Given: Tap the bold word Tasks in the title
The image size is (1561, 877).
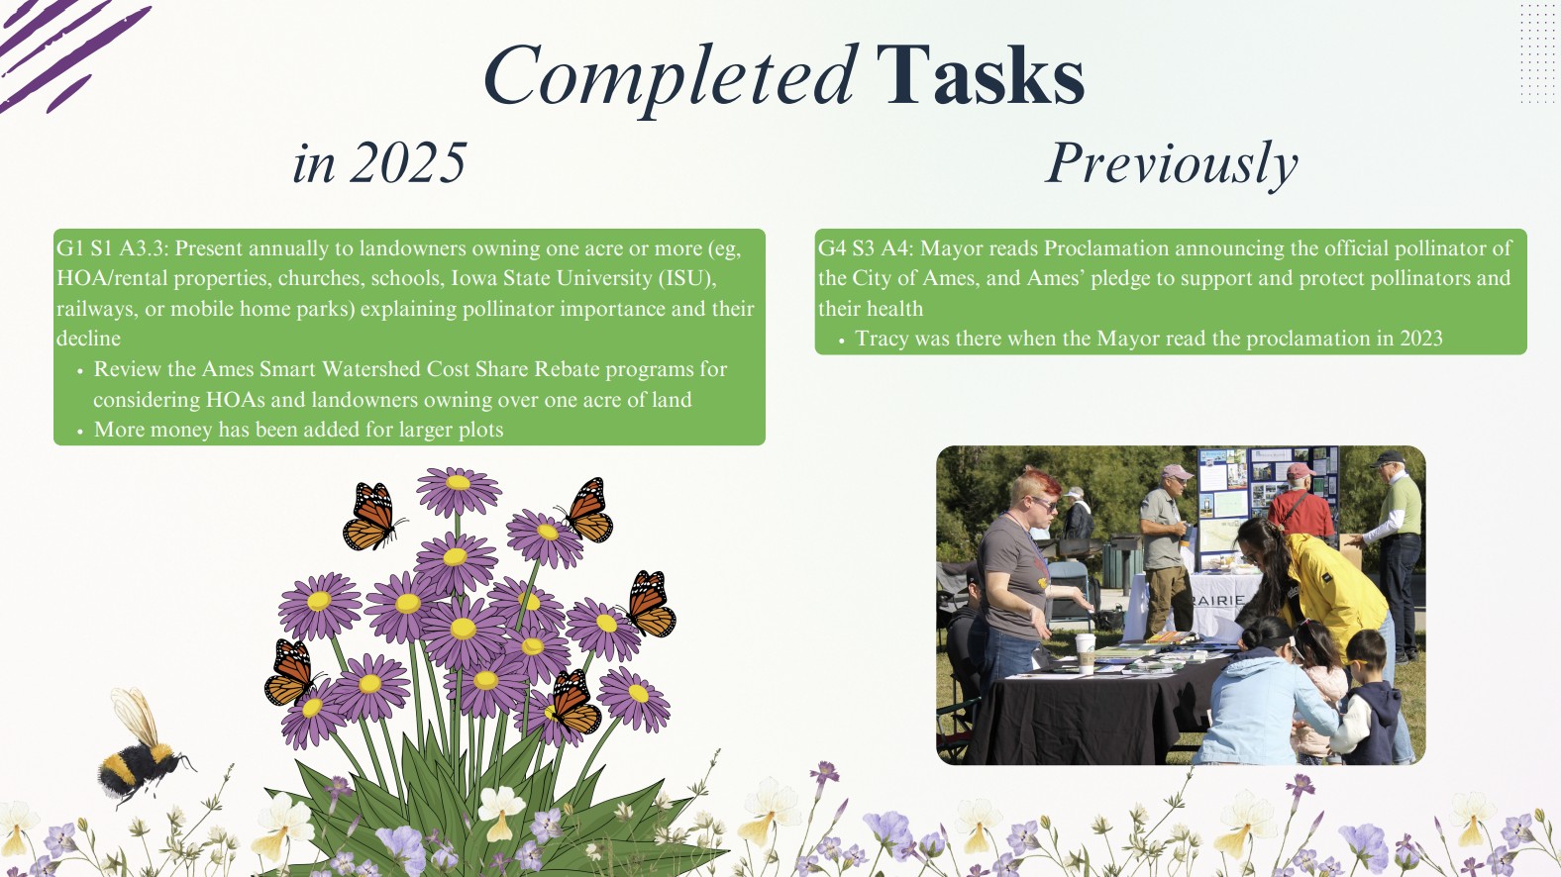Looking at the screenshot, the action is [x=981, y=75].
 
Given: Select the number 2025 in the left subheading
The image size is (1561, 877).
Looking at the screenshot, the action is [x=408, y=163].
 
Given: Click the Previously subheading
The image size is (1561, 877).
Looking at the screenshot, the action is [x=1172, y=164].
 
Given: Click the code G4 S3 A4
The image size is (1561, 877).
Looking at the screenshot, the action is [x=864, y=248].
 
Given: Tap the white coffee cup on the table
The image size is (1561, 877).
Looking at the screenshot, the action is [x=1085, y=652].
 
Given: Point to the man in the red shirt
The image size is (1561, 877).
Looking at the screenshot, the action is [x=1300, y=505].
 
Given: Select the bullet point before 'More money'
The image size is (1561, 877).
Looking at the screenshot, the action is [x=80, y=432].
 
